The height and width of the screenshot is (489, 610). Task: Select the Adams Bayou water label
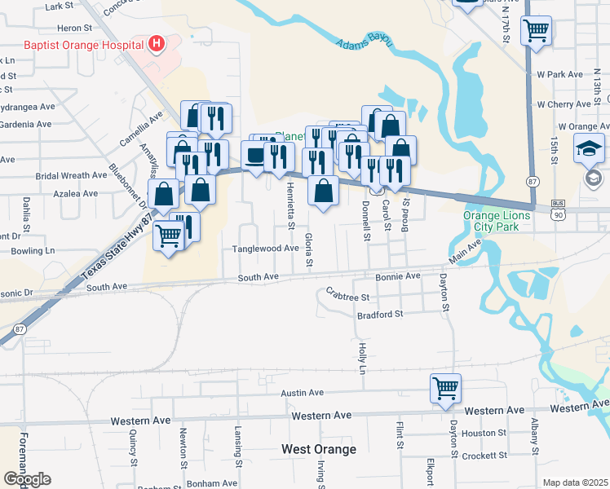(365, 37)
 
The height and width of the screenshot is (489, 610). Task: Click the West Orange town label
(319, 449)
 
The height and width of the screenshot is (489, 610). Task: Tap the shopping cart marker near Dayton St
(446, 388)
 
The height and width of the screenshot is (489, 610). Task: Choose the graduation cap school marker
(589, 149)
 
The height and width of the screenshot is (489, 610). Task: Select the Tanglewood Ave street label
(266, 248)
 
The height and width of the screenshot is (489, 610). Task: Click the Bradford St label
(380, 314)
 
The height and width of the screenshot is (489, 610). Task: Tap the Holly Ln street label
(361, 358)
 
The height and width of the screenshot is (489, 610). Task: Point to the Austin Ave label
(303, 393)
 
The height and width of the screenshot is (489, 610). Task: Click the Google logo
(27, 479)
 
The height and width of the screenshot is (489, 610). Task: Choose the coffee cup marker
(254, 155)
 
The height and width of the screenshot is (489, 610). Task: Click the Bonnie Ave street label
(398, 276)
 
